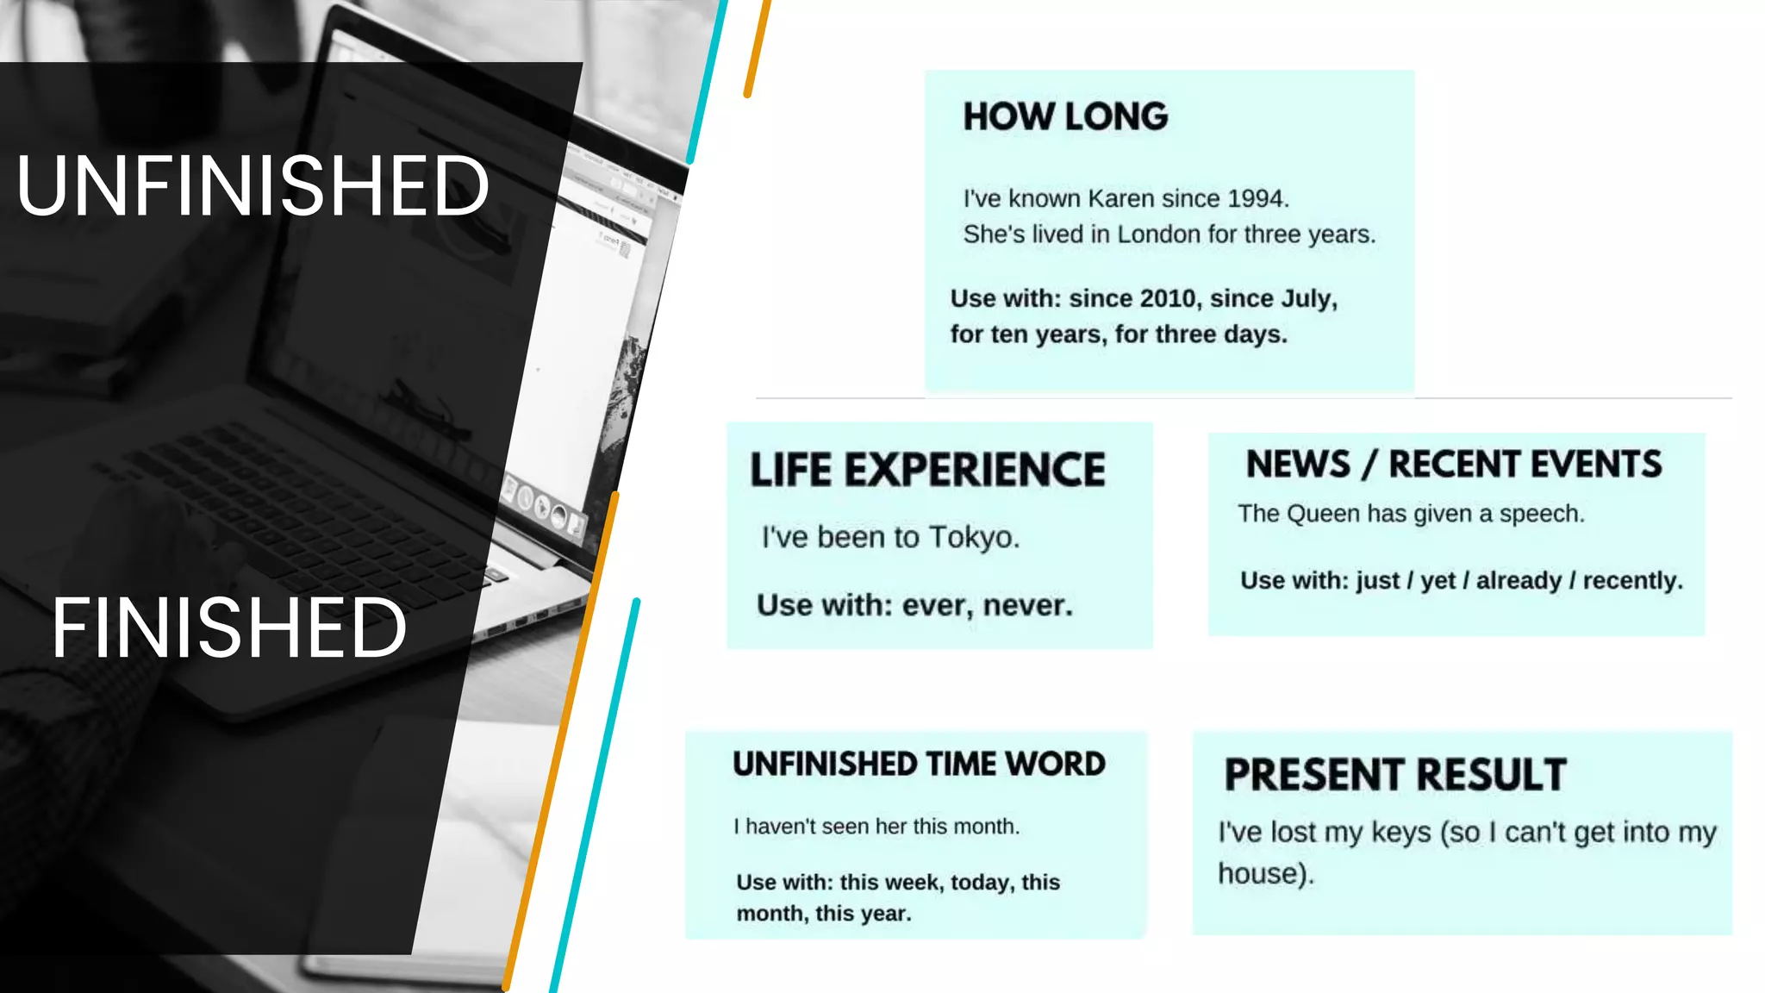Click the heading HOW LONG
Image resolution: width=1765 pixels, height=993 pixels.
pos(1065,116)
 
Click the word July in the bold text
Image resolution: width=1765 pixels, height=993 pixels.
pos(1307,298)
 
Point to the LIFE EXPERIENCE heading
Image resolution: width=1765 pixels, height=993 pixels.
pos(927,470)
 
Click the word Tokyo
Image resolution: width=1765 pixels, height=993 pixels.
pos(973,537)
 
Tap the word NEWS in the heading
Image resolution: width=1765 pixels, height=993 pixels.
pos(1298,464)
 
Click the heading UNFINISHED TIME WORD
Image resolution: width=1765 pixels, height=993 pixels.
pos(919,764)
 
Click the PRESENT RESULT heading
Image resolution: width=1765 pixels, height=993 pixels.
pos(1394,774)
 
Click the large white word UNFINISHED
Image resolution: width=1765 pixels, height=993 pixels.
pos(253,185)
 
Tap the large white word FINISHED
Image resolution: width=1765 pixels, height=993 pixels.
pos(228,628)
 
